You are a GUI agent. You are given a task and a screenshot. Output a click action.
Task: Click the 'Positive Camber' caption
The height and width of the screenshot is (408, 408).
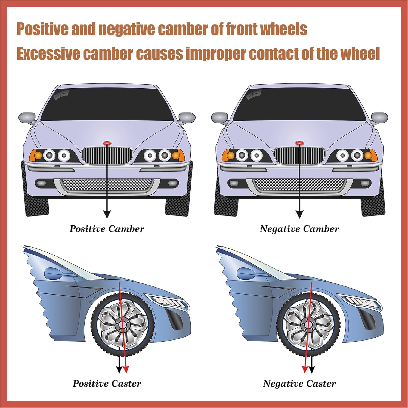tap(107, 229)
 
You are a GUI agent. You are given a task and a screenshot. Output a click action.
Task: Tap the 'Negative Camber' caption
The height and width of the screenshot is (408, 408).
tap(299, 229)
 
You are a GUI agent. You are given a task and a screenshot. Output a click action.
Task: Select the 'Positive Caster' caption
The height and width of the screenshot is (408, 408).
tap(107, 384)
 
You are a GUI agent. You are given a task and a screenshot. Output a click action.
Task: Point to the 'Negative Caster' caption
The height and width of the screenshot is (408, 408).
tap(299, 384)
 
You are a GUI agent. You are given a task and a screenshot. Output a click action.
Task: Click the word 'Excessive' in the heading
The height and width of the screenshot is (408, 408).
tap(48, 54)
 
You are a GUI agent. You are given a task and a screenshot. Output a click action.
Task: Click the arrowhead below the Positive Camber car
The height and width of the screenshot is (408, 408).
tap(107, 214)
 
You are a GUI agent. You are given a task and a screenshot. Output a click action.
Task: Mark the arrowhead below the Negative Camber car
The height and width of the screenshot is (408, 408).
tap(299, 214)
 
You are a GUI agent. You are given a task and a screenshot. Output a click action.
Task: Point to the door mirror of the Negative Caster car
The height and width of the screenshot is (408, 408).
tap(246, 272)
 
